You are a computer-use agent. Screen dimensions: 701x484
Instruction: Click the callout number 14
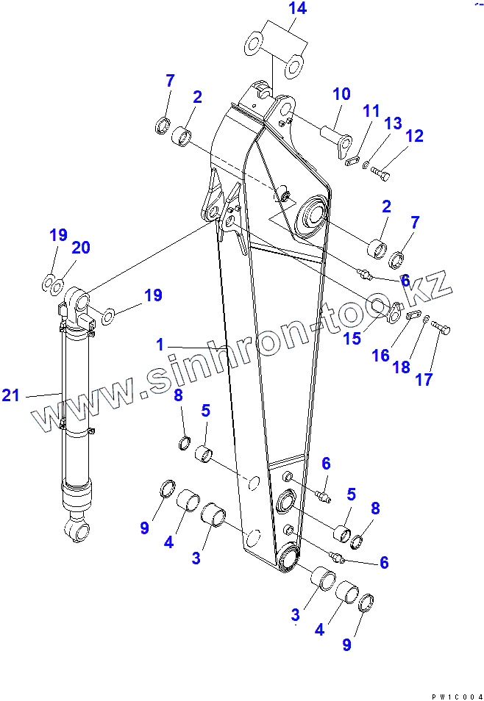(277, 10)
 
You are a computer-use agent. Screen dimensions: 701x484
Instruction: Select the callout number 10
(341, 95)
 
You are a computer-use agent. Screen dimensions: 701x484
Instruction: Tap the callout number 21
(10, 396)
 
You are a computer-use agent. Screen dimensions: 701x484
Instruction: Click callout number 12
(414, 136)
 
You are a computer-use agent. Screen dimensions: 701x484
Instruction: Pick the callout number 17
(424, 380)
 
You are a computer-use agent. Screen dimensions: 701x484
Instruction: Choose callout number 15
(352, 338)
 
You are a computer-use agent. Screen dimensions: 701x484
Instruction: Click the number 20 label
(80, 248)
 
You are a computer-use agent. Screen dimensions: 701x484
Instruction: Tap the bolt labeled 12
(380, 174)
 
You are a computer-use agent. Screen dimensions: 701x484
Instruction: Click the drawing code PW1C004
(457, 694)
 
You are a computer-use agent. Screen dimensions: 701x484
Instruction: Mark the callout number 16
(380, 356)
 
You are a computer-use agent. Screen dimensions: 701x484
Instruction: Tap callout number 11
(371, 112)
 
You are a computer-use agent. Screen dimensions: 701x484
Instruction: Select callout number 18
(402, 367)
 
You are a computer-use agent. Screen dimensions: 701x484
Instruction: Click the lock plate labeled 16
(413, 316)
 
